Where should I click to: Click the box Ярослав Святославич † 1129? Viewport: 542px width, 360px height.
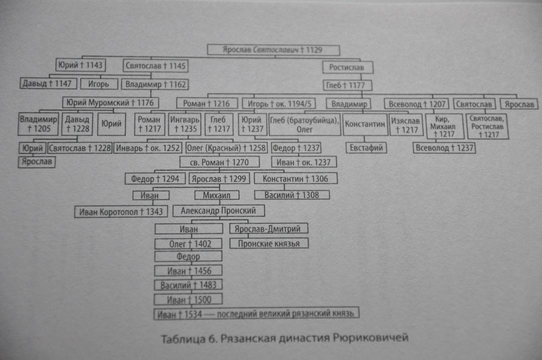click(274, 50)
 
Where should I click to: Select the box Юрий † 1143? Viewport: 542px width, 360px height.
click(80, 65)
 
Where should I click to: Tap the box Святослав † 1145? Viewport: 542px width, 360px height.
click(156, 66)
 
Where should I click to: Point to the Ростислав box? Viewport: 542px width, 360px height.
click(348, 67)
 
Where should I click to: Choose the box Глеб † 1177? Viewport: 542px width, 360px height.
click(347, 85)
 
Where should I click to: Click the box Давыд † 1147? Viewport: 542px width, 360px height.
click(48, 83)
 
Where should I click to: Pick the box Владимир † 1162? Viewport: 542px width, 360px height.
click(155, 84)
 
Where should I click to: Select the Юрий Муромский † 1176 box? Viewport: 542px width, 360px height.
click(110, 102)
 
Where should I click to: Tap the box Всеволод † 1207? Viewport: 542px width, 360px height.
click(417, 104)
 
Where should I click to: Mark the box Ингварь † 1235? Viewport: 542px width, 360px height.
click(185, 124)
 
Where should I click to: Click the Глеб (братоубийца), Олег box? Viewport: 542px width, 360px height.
click(305, 125)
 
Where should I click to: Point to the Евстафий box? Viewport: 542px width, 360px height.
click(366, 148)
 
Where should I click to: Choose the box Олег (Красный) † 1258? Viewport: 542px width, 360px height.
click(226, 148)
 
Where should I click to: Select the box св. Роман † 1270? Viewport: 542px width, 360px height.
click(219, 162)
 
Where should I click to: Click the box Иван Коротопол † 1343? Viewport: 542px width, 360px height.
click(121, 212)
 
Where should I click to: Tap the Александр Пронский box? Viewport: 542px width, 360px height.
click(218, 210)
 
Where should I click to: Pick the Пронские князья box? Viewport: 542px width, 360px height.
click(269, 244)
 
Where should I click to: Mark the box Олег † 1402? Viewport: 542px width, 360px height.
click(188, 244)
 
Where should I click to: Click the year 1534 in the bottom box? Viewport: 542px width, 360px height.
click(193, 314)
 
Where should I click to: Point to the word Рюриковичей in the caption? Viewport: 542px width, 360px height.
click(370, 337)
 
